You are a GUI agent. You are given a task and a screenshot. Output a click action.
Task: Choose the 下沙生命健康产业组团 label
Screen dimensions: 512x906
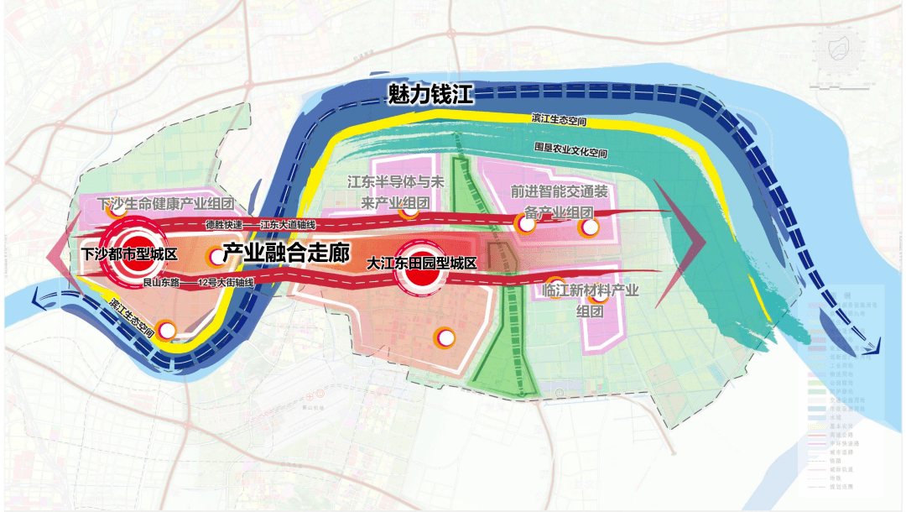[x=164, y=204]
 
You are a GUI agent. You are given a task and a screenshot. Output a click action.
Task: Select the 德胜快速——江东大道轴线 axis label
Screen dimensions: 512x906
[x=259, y=225]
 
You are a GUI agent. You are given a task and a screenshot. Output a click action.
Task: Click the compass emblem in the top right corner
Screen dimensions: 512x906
[x=840, y=50]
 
